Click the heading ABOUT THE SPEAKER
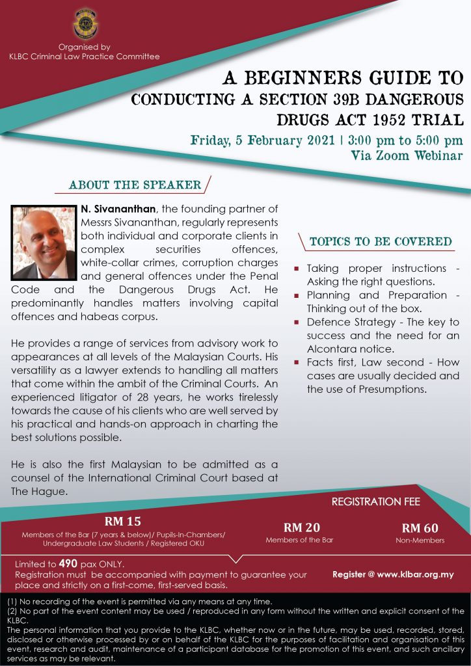pyautogui.click(x=135, y=185)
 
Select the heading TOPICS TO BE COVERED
pyautogui.click(x=381, y=242)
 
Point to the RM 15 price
pyautogui.click(x=123, y=521)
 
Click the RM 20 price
pyautogui.click(x=302, y=527)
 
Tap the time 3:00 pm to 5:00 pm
pyautogui.click(x=404, y=140)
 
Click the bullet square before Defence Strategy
pyautogui.click(x=297, y=323)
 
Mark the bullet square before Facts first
pyautogui.click(x=297, y=363)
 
